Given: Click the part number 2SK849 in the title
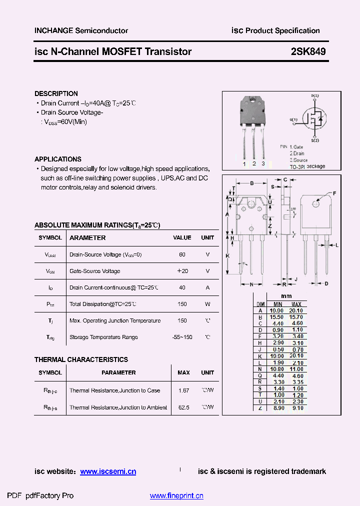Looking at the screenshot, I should coord(308,51).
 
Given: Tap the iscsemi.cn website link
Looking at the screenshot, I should coord(108,471).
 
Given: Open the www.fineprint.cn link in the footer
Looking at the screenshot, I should coord(176,496).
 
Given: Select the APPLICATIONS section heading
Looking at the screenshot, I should coord(58,159).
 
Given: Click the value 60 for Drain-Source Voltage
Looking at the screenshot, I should coord(182,254).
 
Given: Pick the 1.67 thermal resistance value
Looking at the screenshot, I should coord(183,390).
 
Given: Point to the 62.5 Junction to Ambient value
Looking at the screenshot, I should coord(183,407).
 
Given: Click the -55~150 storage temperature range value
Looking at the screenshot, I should coord(182,337).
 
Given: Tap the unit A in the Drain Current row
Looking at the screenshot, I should coord(207,287).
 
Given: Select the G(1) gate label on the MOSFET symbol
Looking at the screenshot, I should coord(293,119).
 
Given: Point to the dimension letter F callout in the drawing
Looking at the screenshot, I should coord(334,193).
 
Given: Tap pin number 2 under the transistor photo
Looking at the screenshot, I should coord(254,163).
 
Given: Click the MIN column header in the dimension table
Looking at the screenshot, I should coord(277,304).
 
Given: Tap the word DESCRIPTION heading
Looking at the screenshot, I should coord(56,93).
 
